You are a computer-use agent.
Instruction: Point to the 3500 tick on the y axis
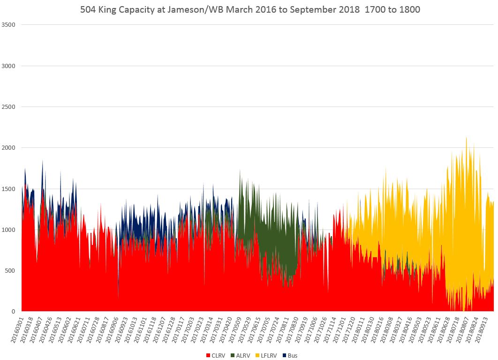[x=10, y=24]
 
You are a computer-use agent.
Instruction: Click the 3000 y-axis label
[x=10, y=66]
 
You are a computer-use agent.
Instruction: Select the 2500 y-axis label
[x=10, y=107]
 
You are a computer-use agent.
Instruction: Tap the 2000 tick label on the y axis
[x=10, y=148]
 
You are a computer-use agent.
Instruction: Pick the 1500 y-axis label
[x=10, y=189]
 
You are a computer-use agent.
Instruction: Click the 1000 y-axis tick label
[x=10, y=230]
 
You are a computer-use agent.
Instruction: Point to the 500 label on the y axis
[x=12, y=270]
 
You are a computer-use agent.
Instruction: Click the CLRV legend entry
[x=216, y=355]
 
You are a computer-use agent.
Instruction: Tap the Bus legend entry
[x=291, y=355]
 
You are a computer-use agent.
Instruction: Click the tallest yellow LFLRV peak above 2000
[x=466, y=138]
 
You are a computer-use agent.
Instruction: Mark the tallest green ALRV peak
[x=240, y=170]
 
